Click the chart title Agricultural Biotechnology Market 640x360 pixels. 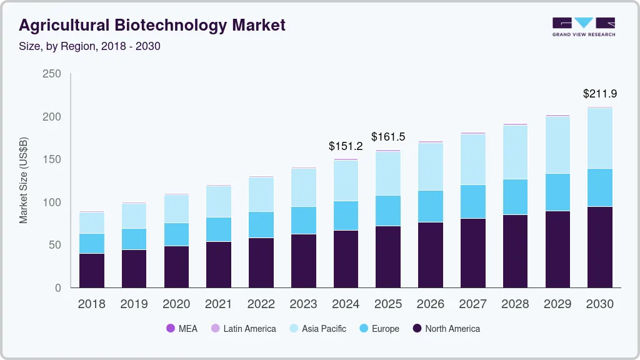[x=152, y=25]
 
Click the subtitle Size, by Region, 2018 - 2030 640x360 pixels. [x=90, y=46]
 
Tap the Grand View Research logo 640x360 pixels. [x=583, y=27]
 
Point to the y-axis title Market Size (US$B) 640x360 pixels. [x=24, y=180]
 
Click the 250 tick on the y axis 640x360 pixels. [x=51, y=74]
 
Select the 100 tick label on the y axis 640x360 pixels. [x=51, y=202]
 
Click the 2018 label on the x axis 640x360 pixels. [x=91, y=304]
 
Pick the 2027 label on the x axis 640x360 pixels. [x=472, y=304]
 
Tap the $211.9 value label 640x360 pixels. [x=599, y=94]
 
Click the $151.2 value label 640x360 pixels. [x=346, y=146]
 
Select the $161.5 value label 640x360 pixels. [x=388, y=136]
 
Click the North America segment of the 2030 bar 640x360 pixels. [x=599, y=247]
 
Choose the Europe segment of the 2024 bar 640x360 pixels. [x=346, y=216]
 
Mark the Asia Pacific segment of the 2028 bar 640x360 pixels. [x=515, y=152]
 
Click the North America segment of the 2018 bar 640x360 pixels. [x=91, y=271]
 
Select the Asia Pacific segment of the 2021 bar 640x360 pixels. [x=218, y=202]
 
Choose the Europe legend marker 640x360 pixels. [x=362, y=329]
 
